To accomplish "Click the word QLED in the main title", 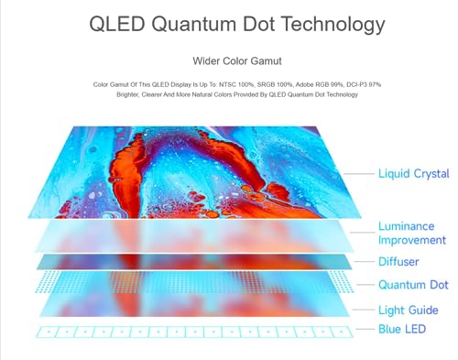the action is (x=117, y=24).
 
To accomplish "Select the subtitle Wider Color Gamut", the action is (x=237, y=61).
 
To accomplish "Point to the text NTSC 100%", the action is (x=236, y=84).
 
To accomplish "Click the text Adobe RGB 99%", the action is (x=319, y=84).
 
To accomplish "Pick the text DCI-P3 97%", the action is (x=364, y=84).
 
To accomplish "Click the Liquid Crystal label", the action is (x=414, y=174).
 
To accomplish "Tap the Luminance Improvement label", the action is (x=412, y=233).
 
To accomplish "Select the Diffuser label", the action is (x=398, y=262).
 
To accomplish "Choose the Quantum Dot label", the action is (x=413, y=285).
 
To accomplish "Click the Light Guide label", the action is (x=409, y=311).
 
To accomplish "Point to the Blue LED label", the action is (x=402, y=329).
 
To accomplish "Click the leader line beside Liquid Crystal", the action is (x=359, y=174).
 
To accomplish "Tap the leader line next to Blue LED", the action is (x=365, y=329).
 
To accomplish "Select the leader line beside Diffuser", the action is (x=364, y=262).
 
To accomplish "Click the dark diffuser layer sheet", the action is (x=194, y=262).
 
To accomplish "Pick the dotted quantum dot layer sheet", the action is (x=194, y=282).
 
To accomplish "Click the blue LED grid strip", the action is (x=194, y=332).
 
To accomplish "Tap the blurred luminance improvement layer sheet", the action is (x=194, y=236).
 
